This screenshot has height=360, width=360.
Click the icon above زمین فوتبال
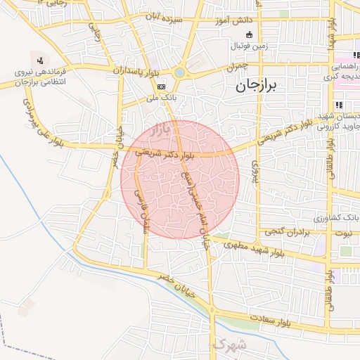tap(248, 35)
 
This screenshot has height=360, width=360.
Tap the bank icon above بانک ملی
tap(162, 86)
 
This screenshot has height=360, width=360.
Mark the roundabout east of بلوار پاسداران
tap(180, 72)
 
